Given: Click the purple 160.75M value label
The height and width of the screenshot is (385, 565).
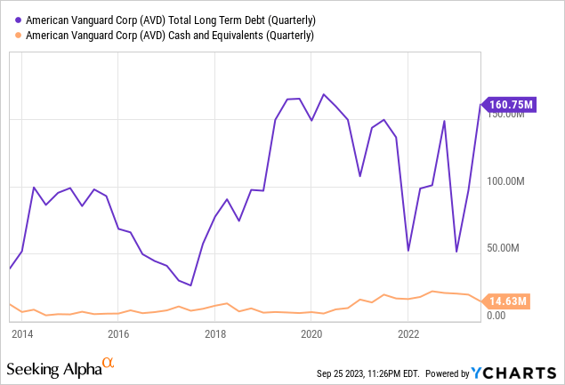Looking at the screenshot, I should point(510,105).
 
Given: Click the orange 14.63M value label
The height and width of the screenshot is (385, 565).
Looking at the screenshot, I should point(507,302).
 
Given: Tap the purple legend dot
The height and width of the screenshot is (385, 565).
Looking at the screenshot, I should point(19,19).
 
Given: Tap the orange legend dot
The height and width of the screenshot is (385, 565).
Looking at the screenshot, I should point(19,35).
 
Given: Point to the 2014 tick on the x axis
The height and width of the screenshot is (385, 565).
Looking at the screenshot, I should point(22,334).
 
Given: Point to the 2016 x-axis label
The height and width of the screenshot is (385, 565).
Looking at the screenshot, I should point(118,334).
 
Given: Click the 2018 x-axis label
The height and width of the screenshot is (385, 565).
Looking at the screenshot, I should point(215,334).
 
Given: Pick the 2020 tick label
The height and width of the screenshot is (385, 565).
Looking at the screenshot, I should point(311,334).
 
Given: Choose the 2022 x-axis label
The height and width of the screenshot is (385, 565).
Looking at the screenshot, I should point(408,334).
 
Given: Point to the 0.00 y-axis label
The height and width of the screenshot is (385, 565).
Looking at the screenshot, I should point(496,315).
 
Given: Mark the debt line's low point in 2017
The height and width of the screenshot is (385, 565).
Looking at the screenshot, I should point(190,285).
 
